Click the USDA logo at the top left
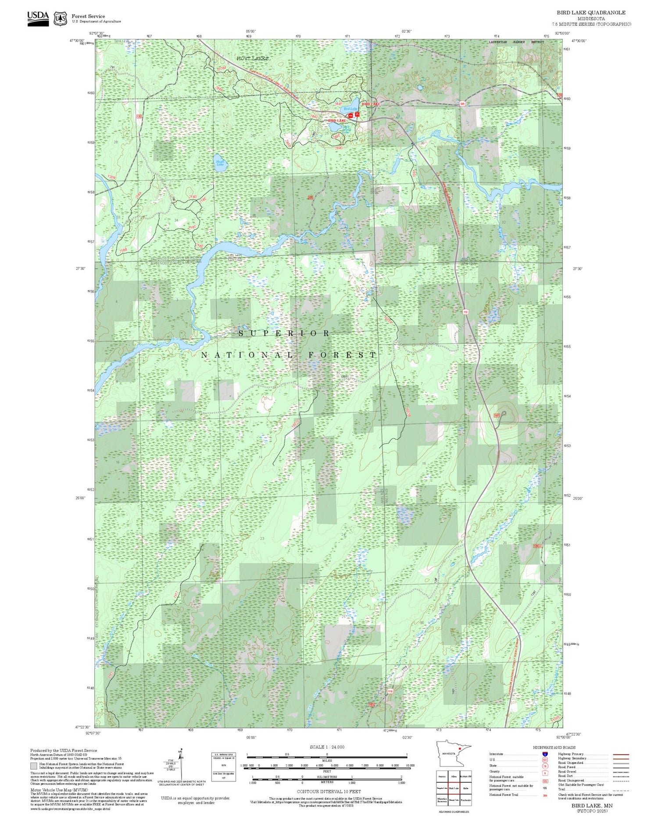[x=38, y=18]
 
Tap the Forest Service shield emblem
[x=60, y=18]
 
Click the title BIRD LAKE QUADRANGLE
[x=591, y=12]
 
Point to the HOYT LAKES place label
[x=252, y=58]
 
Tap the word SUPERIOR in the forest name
[x=284, y=333]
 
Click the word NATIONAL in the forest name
[x=247, y=355]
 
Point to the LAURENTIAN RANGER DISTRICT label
[x=516, y=42]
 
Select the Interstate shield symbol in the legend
[x=545, y=754]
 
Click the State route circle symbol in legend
[x=545, y=766]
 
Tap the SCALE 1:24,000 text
[x=327, y=747]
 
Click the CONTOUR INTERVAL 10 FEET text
[x=329, y=791]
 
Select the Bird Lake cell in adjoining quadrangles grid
[x=454, y=788]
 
